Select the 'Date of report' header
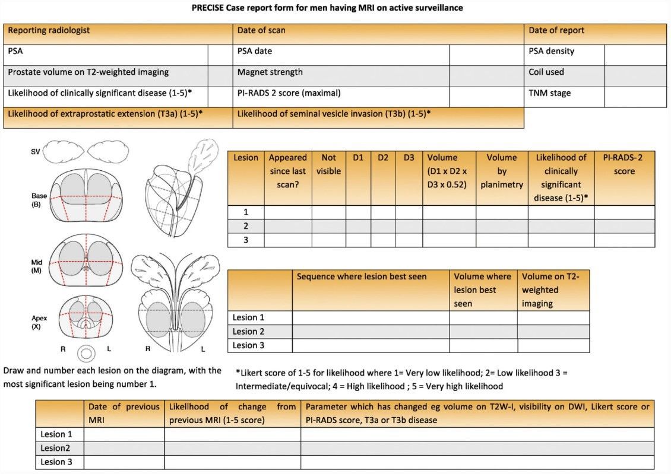(x=556, y=30)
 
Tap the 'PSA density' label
(x=552, y=51)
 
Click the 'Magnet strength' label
(x=270, y=72)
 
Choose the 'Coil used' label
(x=546, y=72)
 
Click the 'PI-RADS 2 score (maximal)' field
(x=289, y=93)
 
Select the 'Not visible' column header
(x=328, y=164)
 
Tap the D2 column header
(x=383, y=158)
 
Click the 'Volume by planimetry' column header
(x=502, y=171)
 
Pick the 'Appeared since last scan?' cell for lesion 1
(x=288, y=212)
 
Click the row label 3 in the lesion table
(x=246, y=240)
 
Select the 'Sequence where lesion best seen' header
(x=362, y=276)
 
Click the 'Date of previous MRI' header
(x=124, y=413)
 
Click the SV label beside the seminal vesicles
(x=36, y=152)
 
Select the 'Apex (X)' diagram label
(x=40, y=322)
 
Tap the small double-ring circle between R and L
(x=87, y=354)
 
